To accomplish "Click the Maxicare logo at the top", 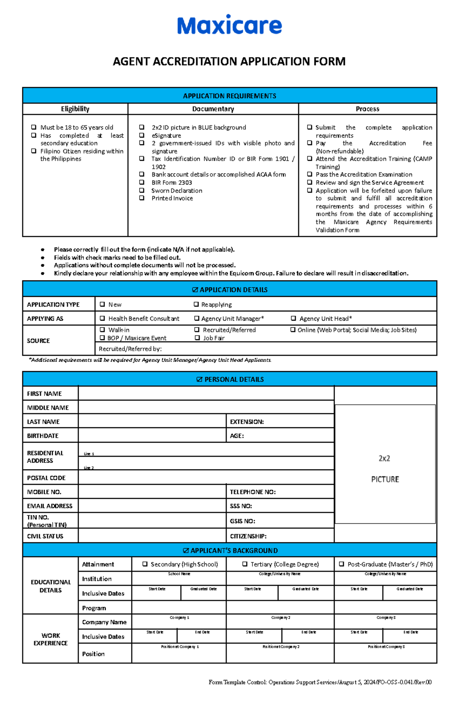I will (229, 25).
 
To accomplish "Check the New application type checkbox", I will (102, 305).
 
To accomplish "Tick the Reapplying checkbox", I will (196, 305).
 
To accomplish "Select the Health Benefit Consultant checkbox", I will (102, 318).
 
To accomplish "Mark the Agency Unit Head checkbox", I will (293, 318).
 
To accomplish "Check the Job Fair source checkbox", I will (197, 338).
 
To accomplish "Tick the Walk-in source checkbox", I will (102, 329).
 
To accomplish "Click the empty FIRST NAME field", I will (206, 393).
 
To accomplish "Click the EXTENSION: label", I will (247, 422).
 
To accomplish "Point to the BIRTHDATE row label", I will (43, 436).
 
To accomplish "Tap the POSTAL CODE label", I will (46, 478).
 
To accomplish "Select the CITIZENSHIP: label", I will (248, 536).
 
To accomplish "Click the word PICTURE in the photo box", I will (385, 479).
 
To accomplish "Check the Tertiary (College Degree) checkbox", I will (245, 564).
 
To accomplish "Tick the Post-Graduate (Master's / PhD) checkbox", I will (342, 564).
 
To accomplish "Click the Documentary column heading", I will (213, 109).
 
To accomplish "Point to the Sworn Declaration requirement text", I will (177, 191).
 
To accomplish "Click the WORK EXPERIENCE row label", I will (50, 639).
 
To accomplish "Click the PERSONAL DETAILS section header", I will (229, 379).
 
